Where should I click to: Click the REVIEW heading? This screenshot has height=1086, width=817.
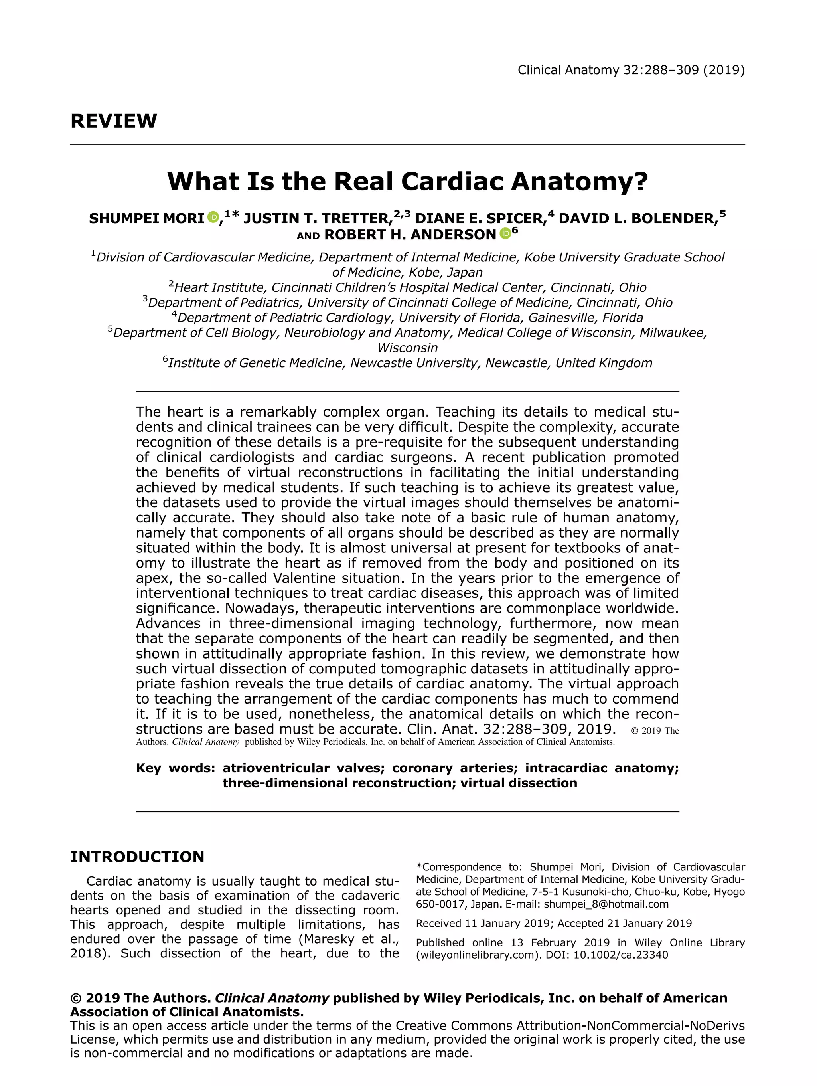[113, 121]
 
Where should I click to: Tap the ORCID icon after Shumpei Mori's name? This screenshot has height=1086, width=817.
[213, 216]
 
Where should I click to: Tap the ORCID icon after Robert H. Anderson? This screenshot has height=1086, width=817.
[505, 234]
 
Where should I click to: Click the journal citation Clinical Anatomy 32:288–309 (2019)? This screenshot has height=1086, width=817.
[631, 70]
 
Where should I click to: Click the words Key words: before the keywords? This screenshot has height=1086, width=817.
[175, 768]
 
